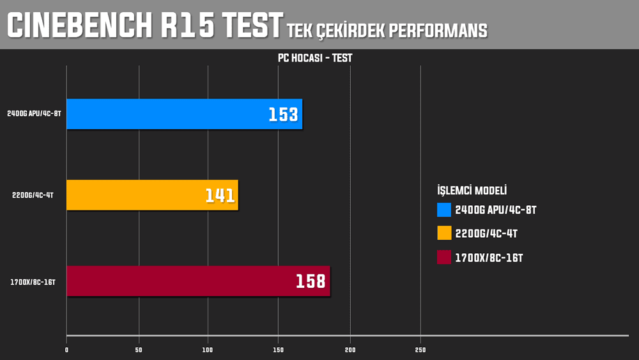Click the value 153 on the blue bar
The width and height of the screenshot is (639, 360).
coord(283,115)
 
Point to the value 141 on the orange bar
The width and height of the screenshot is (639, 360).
coord(220,196)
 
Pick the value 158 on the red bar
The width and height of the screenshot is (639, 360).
coord(311,281)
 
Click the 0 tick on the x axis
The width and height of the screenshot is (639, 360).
coord(66,350)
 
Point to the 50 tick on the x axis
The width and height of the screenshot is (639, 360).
coord(139,350)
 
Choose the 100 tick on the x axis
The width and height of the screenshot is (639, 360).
coord(208,350)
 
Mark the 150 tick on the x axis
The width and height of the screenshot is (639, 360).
coord(278,350)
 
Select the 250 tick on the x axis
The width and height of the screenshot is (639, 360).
coord(420,350)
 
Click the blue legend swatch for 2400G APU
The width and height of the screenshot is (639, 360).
coord(444,210)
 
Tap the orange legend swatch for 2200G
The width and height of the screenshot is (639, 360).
coord(444,233)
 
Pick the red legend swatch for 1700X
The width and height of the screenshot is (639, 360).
coord(444,258)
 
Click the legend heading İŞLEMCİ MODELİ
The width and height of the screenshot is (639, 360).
coord(472,190)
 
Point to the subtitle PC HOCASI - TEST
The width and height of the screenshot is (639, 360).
coord(315,58)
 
